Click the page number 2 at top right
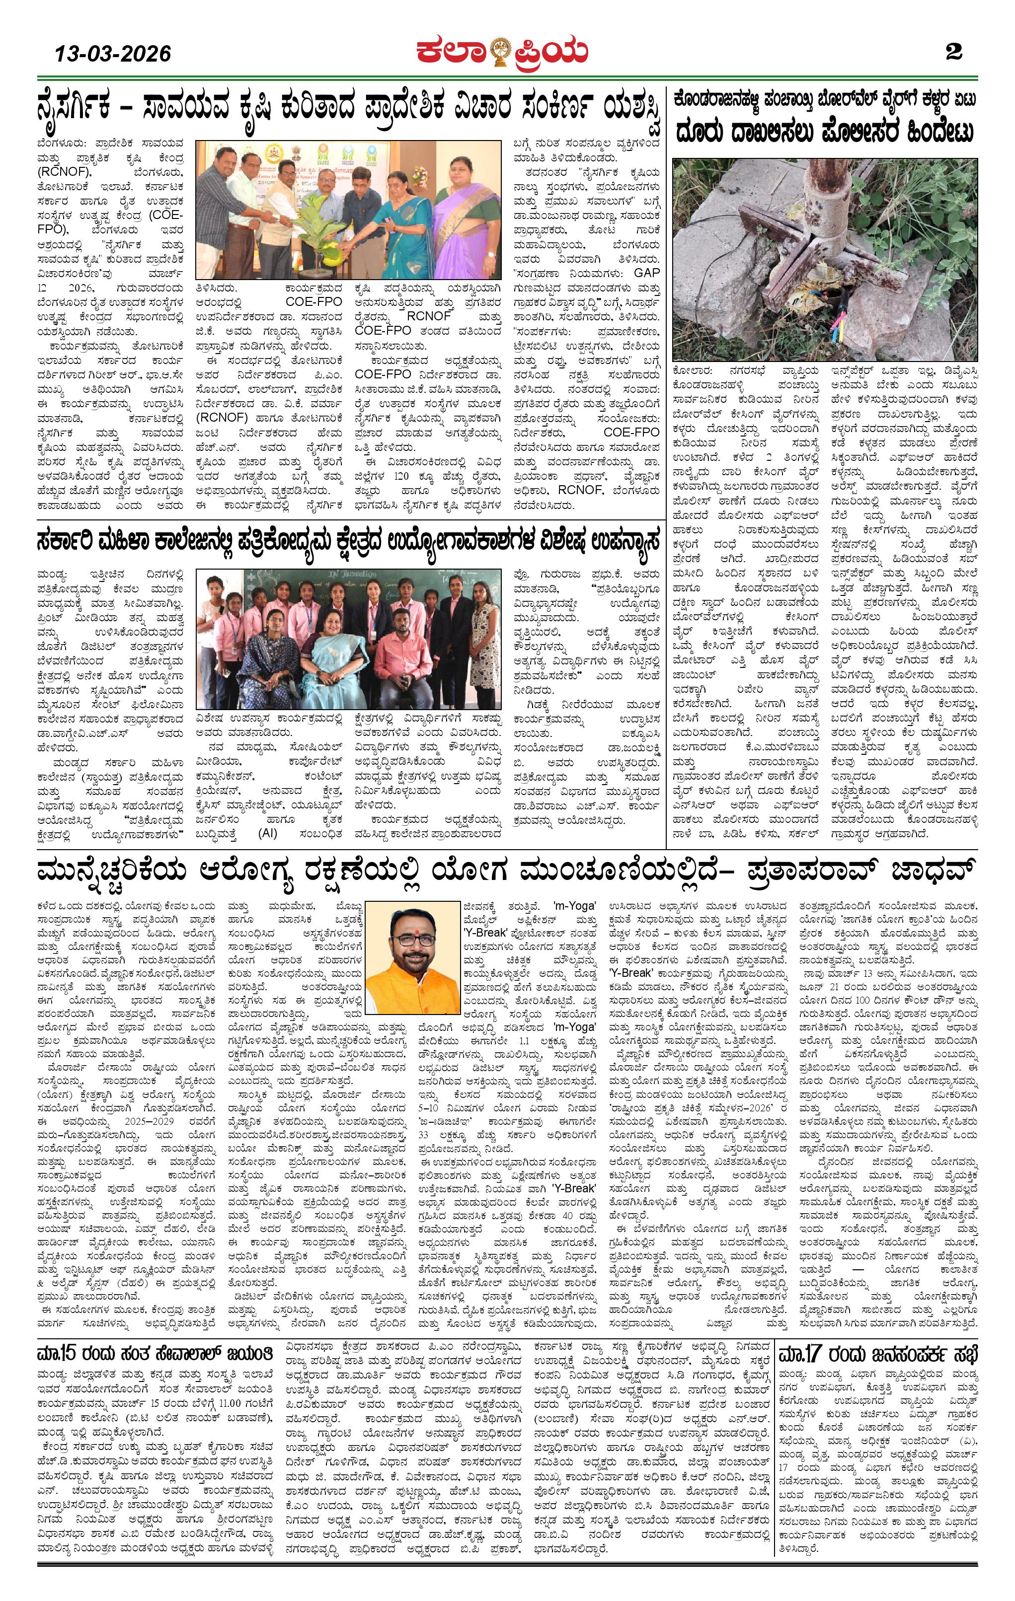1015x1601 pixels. pos(954,52)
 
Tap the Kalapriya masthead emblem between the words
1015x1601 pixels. pos(501,51)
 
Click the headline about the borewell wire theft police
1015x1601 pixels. pos(825,130)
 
